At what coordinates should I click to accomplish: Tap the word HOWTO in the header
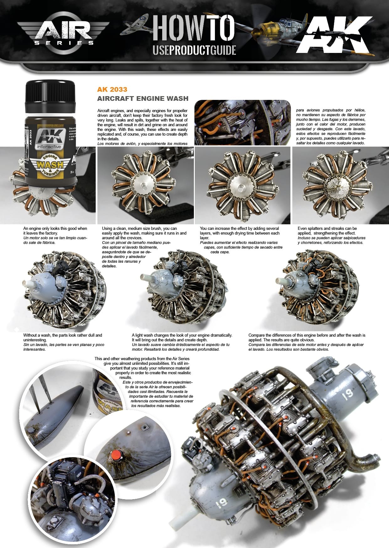tap(194, 28)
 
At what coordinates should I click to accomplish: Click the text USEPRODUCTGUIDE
tap(194, 50)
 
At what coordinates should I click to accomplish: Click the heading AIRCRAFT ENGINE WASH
tap(143, 98)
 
